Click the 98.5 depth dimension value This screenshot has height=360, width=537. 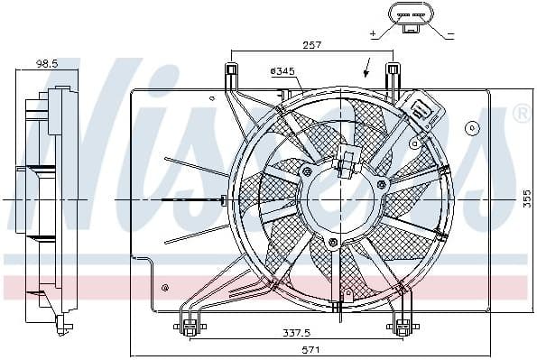(47, 64)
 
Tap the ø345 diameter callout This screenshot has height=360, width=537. (282, 70)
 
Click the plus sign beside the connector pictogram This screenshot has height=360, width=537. (373, 33)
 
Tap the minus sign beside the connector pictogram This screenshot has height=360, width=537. (450, 33)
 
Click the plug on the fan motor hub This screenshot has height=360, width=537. (347, 163)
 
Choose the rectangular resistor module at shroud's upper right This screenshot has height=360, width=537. (422, 114)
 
